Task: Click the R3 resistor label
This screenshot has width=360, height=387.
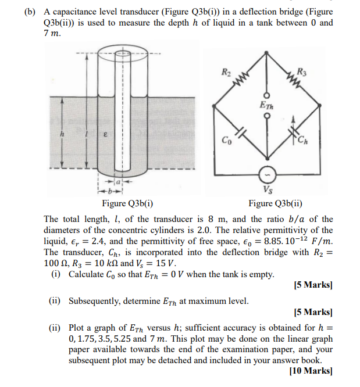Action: pyautogui.click(x=301, y=72)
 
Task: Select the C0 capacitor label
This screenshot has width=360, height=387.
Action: pyautogui.click(x=226, y=139)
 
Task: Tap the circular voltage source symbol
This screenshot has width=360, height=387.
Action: pyautogui.click(x=268, y=174)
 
